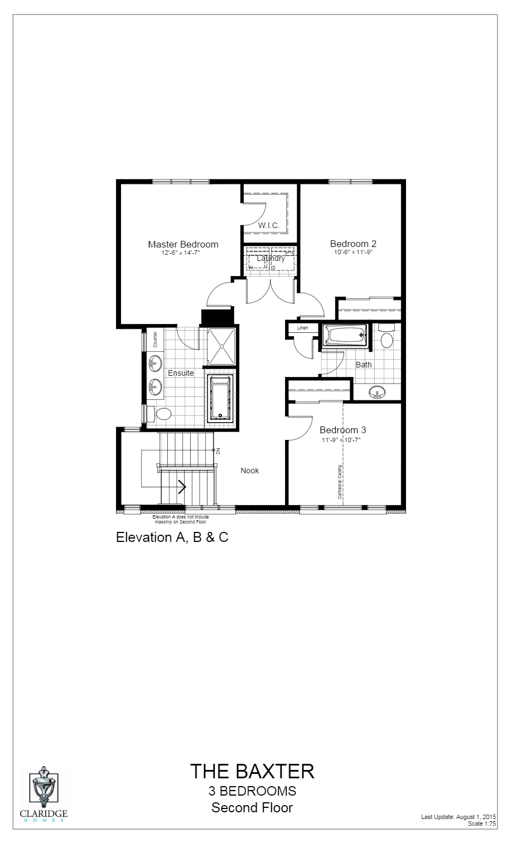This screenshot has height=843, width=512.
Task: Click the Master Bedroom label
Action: pyautogui.click(x=183, y=244)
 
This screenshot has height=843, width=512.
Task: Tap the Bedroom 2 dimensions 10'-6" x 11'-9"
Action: pyautogui.click(x=353, y=252)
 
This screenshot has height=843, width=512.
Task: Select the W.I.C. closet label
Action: pyautogui.click(x=269, y=225)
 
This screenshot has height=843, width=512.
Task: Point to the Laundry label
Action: pyautogui.click(x=271, y=258)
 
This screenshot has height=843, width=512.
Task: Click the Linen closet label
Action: pyautogui.click(x=302, y=328)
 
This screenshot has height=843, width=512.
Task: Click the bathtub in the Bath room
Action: pyautogui.click(x=345, y=336)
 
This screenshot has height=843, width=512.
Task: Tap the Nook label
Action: pyautogui.click(x=250, y=471)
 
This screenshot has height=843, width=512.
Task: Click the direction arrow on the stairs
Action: pyautogui.click(x=181, y=487)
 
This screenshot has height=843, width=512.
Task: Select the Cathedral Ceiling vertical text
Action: pyautogui.click(x=339, y=482)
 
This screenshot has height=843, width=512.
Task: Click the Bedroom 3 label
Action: pyautogui.click(x=342, y=430)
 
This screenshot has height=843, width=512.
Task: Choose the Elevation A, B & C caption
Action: pyautogui.click(x=172, y=537)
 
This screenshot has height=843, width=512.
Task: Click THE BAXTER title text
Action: pyautogui.click(x=252, y=771)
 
